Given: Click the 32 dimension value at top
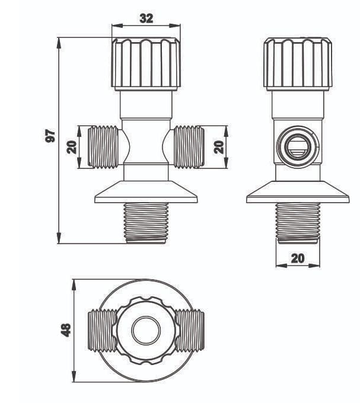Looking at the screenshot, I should point(146,18).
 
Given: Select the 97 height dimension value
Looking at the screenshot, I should point(50,136).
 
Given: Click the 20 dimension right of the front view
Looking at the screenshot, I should point(219,146).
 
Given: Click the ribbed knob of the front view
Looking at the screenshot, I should point(146,63).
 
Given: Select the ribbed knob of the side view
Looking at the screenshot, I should point(297,63).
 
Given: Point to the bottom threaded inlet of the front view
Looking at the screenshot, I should point(146,222).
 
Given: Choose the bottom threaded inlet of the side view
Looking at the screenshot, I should point(298,222).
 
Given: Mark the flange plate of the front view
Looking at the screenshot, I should point(146,194).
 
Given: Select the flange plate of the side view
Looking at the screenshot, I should point(297,194).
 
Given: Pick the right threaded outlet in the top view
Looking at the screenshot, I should point(191,330).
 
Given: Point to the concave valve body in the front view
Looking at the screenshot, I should point(146,146).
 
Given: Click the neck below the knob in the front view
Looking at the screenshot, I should point(146,105).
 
